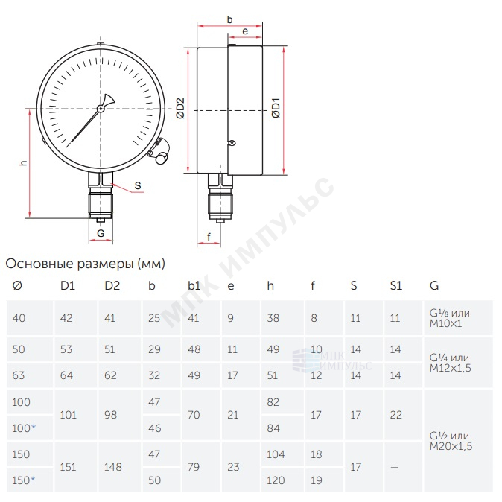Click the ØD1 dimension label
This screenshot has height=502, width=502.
[x=276, y=108]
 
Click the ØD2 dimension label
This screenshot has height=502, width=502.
[x=180, y=109]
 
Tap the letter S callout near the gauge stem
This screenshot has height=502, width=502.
[x=138, y=185]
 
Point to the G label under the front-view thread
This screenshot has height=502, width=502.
[x=101, y=233]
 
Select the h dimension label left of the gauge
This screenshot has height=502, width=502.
[x=23, y=162]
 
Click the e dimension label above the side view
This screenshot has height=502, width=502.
[x=245, y=31]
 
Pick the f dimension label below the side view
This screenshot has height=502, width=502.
[x=209, y=237]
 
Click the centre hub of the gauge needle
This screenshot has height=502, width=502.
[x=101, y=109]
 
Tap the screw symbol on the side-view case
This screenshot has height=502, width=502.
[x=232, y=143]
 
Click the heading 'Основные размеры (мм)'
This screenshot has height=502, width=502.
[x=86, y=264]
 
